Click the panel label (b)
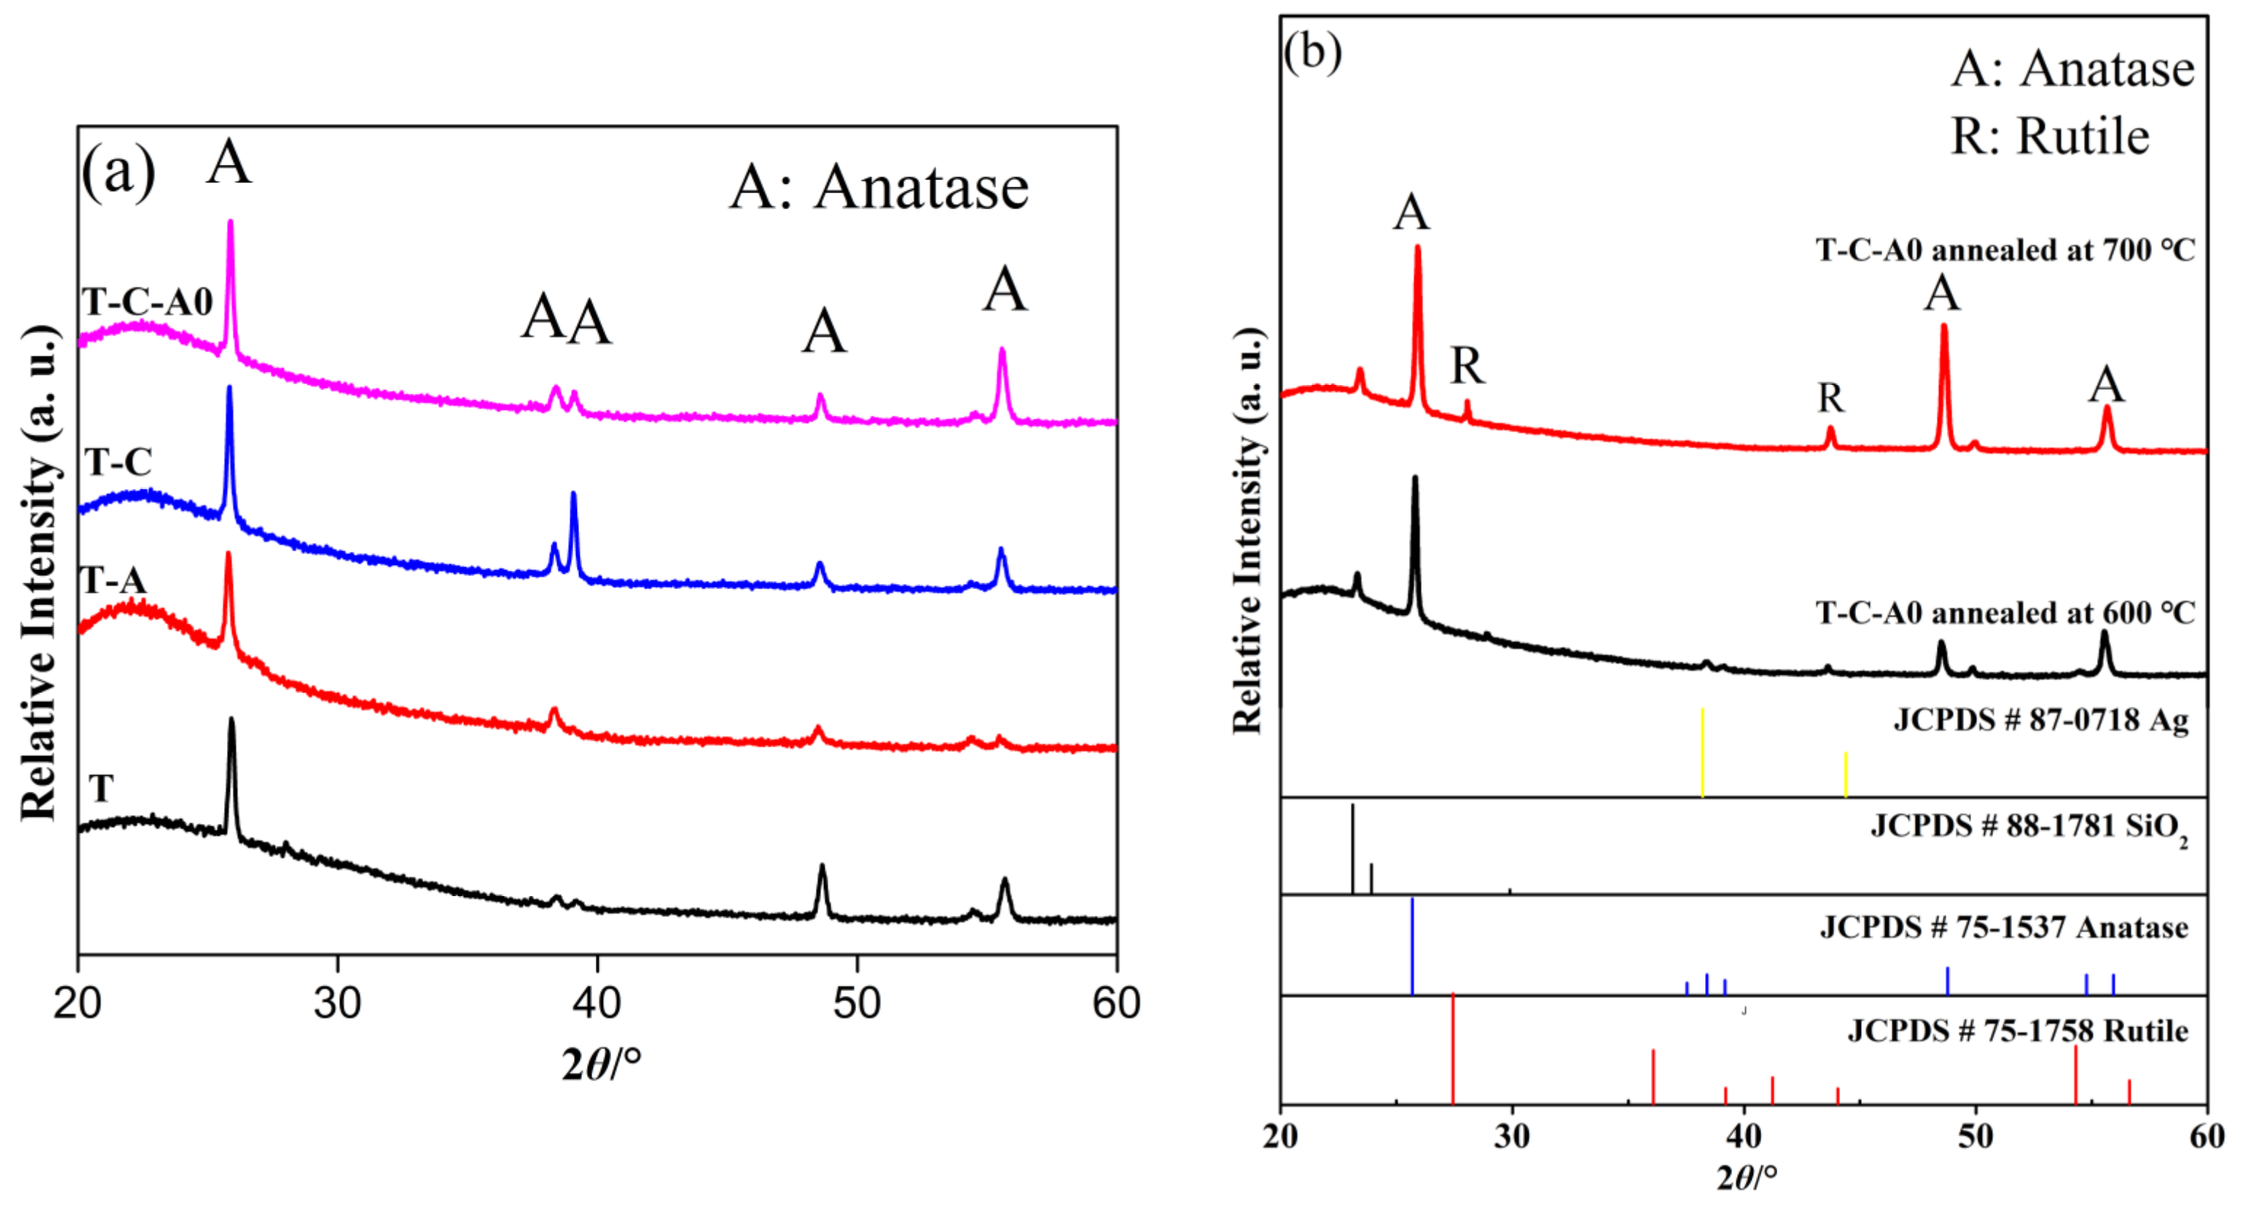pos(1312,52)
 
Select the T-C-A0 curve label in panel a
pos(147,302)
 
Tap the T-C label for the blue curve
pos(118,462)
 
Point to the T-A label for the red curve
pos(113,580)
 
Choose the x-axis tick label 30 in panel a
pos(337,1003)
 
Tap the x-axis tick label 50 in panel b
pos(1976,1136)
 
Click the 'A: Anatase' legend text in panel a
pos(878,187)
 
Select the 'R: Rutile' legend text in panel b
pos(2049,136)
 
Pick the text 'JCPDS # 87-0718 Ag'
pos(2040,720)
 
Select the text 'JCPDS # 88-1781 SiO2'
pos(2028,826)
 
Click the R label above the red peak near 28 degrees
pos(1467,366)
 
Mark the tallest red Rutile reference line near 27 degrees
pos(1452,1048)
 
